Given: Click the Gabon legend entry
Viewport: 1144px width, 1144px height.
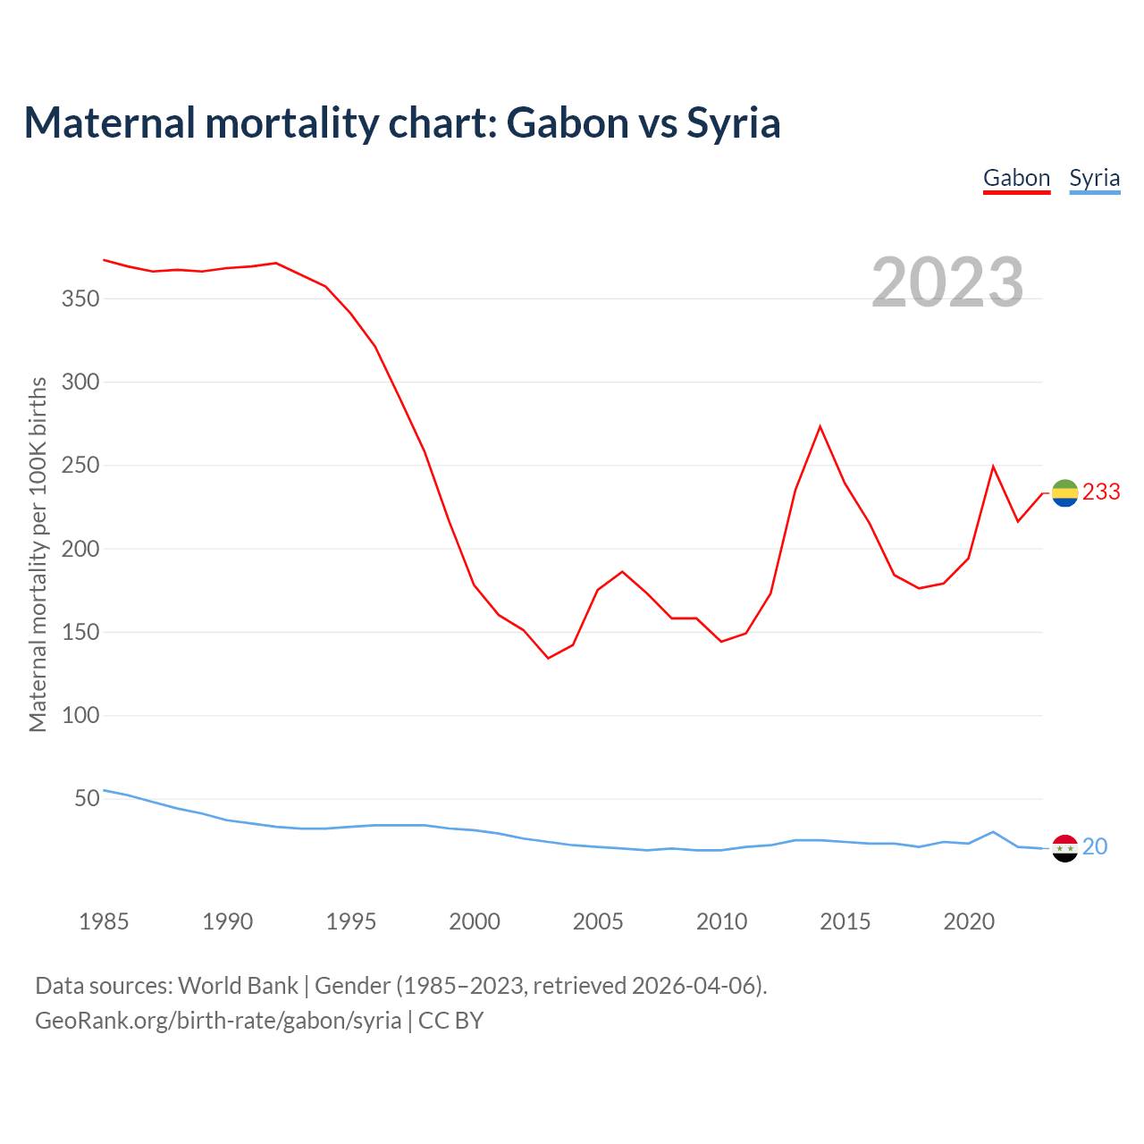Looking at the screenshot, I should click(1016, 178).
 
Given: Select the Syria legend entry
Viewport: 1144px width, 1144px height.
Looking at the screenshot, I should click(1094, 178).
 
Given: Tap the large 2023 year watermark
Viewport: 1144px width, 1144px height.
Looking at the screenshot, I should click(947, 282).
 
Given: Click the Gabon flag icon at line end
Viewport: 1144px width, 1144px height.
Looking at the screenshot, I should click(1064, 492).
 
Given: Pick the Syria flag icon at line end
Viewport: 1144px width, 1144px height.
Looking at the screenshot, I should click(1064, 847).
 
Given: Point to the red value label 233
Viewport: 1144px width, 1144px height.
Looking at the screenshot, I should click(1101, 492).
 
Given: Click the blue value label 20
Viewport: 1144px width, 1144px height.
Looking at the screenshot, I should click(1095, 846).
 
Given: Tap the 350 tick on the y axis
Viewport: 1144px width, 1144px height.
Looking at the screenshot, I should click(80, 299).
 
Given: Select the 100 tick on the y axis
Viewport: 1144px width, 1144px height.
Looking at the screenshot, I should click(80, 716).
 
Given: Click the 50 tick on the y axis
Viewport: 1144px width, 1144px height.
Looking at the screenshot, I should click(87, 799).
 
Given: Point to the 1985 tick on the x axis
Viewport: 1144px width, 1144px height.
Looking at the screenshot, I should click(104, 921).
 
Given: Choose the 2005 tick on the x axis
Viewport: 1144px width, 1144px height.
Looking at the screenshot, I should click(598, 921).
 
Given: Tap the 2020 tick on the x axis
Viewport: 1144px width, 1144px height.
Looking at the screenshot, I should click(969, 921).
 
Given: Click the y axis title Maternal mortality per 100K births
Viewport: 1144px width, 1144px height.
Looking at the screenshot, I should click(38, 554).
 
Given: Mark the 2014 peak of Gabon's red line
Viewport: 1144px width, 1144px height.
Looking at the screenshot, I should click(820, 426).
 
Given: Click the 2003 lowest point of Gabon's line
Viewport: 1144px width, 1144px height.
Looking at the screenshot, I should click(548, 658).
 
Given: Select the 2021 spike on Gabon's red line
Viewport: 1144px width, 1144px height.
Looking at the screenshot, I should click(993, 467).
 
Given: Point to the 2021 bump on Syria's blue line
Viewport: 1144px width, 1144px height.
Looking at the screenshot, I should click(993, 832).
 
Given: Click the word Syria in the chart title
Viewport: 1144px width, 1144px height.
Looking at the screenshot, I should click(734, 123).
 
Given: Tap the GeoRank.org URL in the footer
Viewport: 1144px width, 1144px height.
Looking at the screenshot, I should click(218, 1021).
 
